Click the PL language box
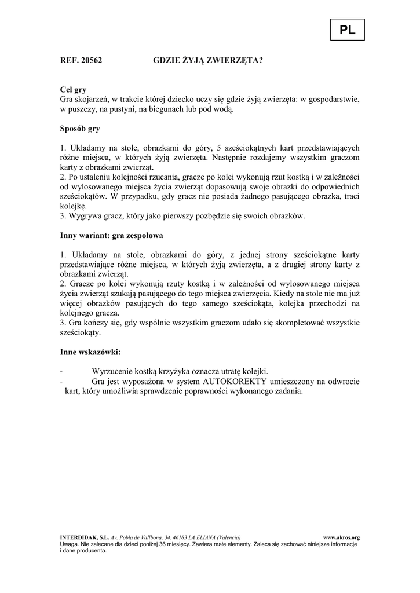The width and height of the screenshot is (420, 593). [x=348, y=30]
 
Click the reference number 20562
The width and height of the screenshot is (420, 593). [x=93, y=60]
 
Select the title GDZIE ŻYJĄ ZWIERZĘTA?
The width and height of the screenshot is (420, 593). [x=207, y=60]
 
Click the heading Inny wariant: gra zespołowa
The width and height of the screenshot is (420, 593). [x=112, y=236]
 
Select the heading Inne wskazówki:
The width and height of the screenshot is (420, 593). [x=90, y=352]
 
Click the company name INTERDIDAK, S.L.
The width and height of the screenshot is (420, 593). [x=84, y=537]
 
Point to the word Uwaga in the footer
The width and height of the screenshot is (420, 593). [x=69, y=544]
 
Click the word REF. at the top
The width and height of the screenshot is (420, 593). [x=70, y=60]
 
